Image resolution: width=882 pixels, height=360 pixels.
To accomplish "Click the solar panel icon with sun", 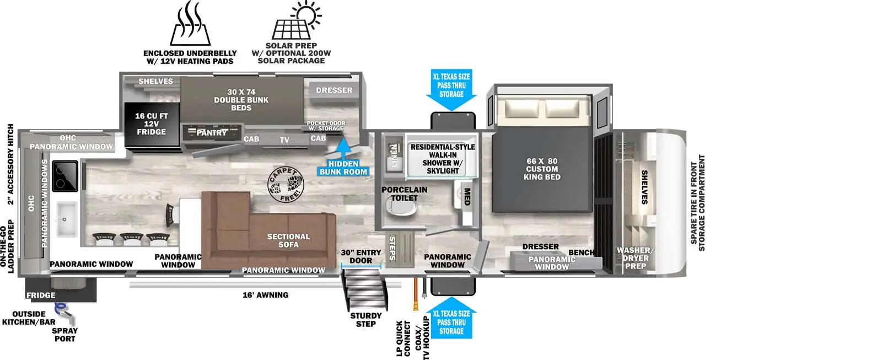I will [x=296, y=22].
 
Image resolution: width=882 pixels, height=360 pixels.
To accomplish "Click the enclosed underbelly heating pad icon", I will [x=190, y=25].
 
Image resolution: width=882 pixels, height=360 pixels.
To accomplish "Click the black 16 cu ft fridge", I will [x=151, y=124].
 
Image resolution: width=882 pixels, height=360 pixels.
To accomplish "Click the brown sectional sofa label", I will [x=288, y=240].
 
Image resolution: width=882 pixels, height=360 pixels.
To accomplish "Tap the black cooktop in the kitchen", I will [x=66, y=175].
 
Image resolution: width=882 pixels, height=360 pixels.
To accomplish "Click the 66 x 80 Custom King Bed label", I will [x=542, y=169].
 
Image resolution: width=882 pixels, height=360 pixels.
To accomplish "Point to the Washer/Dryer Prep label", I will [x=635, y=258].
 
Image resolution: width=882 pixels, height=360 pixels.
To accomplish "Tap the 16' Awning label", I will [x=265, y=295].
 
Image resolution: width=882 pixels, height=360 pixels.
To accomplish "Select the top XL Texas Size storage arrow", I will [x=451, y=89].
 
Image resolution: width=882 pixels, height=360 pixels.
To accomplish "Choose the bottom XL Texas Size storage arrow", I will [x=451, y=320].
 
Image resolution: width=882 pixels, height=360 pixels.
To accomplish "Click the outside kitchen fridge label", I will [x=41, y=295].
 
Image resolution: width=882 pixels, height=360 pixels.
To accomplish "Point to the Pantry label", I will [x=212, y=133].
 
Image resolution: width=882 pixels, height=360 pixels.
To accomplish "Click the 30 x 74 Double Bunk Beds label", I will [x=241, y=100].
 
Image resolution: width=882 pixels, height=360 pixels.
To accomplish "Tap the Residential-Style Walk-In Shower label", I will [x=443, y=159].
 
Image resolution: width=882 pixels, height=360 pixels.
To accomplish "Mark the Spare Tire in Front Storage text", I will [x=697, y=203].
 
